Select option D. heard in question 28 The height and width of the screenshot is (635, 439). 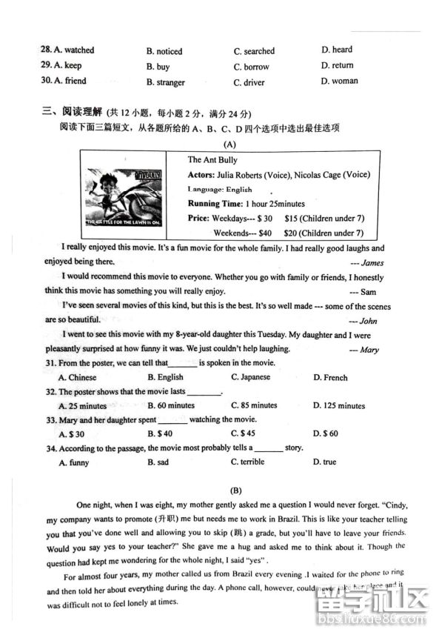point(337,50)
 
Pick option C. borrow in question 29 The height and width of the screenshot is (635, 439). point(251,67)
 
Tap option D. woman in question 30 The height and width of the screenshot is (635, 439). point(339,81)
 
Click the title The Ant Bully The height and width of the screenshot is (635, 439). point(212,159)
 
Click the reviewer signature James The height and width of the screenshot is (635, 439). point(372,262)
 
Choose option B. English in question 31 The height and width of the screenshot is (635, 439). point(165,377)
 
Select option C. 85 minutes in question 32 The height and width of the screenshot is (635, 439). point(253,405)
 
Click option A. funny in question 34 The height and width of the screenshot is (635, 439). point(73,462)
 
